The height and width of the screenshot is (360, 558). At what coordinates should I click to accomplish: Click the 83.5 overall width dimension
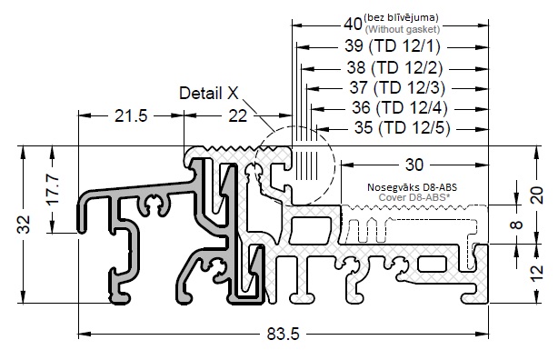pyautogui.click(x=284, y=334)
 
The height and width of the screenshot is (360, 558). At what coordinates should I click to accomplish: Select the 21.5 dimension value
pyautogui.click(x=131, y=116)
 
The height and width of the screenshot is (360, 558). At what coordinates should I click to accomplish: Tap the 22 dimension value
pyautogui.click(x=237, y=116)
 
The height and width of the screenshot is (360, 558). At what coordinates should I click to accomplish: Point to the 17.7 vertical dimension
pyautogui.click(x=53, y=189)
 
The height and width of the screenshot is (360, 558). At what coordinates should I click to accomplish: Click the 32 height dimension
pyautogui.click(x=25, y=225)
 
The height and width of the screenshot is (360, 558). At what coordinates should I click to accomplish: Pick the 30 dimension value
pyautogui.click(x=414, y=165)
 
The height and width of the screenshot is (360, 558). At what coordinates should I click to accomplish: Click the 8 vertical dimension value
pyautogui.click(x=517, y=225)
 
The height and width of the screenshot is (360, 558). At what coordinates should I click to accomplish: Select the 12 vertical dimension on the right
pyautogui.click(x=538, y=273)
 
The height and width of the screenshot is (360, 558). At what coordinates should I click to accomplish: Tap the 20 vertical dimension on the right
pyautogui.click(x=538, y=195)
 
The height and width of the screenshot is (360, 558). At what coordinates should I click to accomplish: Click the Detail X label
pyautogui.click(x=209, y=94)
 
